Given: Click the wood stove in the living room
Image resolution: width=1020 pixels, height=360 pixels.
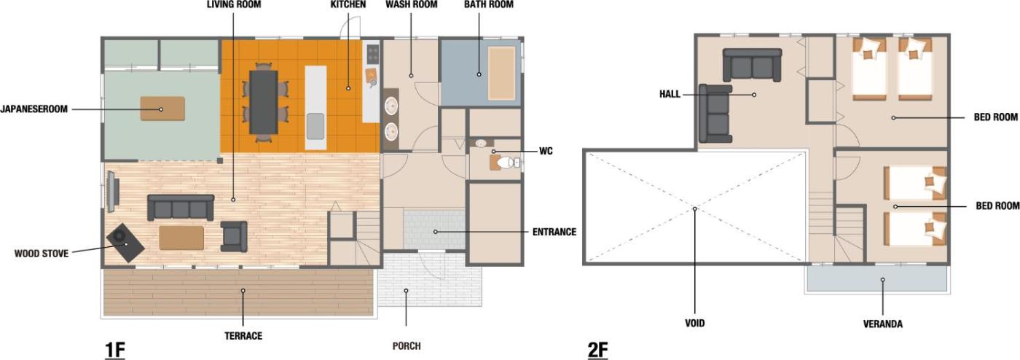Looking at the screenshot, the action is pyautogui.click(x=125, y=243).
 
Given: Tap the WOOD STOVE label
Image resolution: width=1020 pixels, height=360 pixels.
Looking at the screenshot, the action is pyautogui.click(x=42, y=254).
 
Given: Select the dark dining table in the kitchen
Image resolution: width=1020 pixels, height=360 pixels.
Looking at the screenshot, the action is pyautogui.click(x=264, y=102).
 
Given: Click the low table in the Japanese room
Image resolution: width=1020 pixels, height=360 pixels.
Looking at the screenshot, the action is pyautogui.click(x=162, y=109).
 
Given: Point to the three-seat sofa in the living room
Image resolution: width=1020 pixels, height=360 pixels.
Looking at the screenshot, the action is pyautogui.click(x=181, y=208).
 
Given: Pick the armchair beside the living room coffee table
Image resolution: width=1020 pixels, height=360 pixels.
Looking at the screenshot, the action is pyautogui.click(x=234, y=237).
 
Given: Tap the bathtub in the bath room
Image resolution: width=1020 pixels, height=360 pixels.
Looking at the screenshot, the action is pyautogui.click(x=501, y=73).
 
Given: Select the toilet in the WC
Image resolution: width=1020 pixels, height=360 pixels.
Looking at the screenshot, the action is pyautogui.click(x=506, y=163).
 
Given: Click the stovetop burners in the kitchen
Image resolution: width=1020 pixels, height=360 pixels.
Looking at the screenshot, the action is pyautogui.click(x=373, y=54).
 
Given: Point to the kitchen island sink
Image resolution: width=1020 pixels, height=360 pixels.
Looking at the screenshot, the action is pyautogui.click(x=315, y=126).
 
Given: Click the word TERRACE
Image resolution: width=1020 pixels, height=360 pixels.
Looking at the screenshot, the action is pyautogui.click(x=243, y=336).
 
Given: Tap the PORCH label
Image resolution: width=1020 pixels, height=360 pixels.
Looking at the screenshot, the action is pyautogui.click(x=407, y=346).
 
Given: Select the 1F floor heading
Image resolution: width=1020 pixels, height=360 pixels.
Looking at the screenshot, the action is pyautogui.click(x=115, y=350).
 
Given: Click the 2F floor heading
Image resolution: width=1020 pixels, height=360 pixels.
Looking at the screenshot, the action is pyautogui.click(x=597, y=350).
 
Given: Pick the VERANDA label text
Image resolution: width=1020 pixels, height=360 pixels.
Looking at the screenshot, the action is pyautogui.click(x=883, y=324).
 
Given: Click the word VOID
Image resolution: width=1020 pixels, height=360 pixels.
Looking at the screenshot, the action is pyautogui.click(x=695, y=323).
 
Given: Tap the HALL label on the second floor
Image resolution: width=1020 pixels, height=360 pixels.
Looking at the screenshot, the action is pyautogui.click(x=670, y=94).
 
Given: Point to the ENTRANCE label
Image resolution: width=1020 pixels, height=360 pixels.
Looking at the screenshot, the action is pyautogui.click(x=554, y=232).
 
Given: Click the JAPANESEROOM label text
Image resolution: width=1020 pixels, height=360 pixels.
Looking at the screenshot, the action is pyautogui.click(x=34, y=109).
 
